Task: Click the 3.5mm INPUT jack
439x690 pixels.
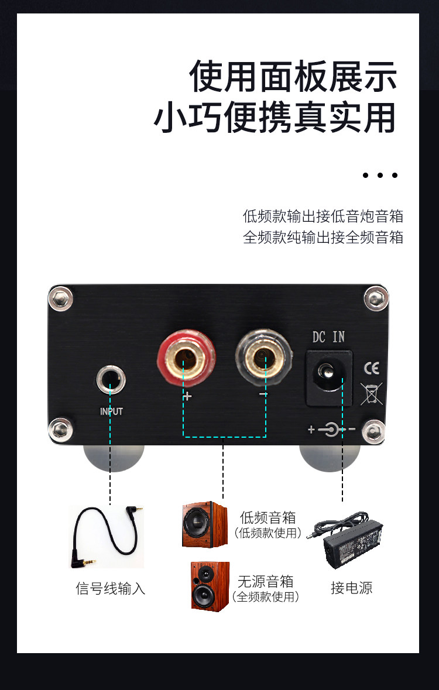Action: pyautogui.click(x=110, y=379)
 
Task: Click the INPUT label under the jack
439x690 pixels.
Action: pyautogui.click(x=111, y=411)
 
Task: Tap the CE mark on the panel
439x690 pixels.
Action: pyautogui.click(x=372, y=368)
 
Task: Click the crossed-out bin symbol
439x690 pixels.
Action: pyautogui.click(x=372, y=393)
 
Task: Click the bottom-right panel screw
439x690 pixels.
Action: pyautogui.click(x=374, y=431)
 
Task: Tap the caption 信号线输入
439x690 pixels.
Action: pyautogui.click(x=110, y=588)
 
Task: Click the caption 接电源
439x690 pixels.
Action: pyautogui.click(x=351, y=588)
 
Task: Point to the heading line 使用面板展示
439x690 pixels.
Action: pyautogui.click(x=293, y=77)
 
